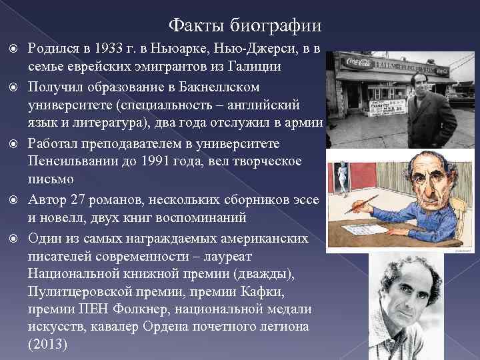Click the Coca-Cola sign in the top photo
click(359, 63)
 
